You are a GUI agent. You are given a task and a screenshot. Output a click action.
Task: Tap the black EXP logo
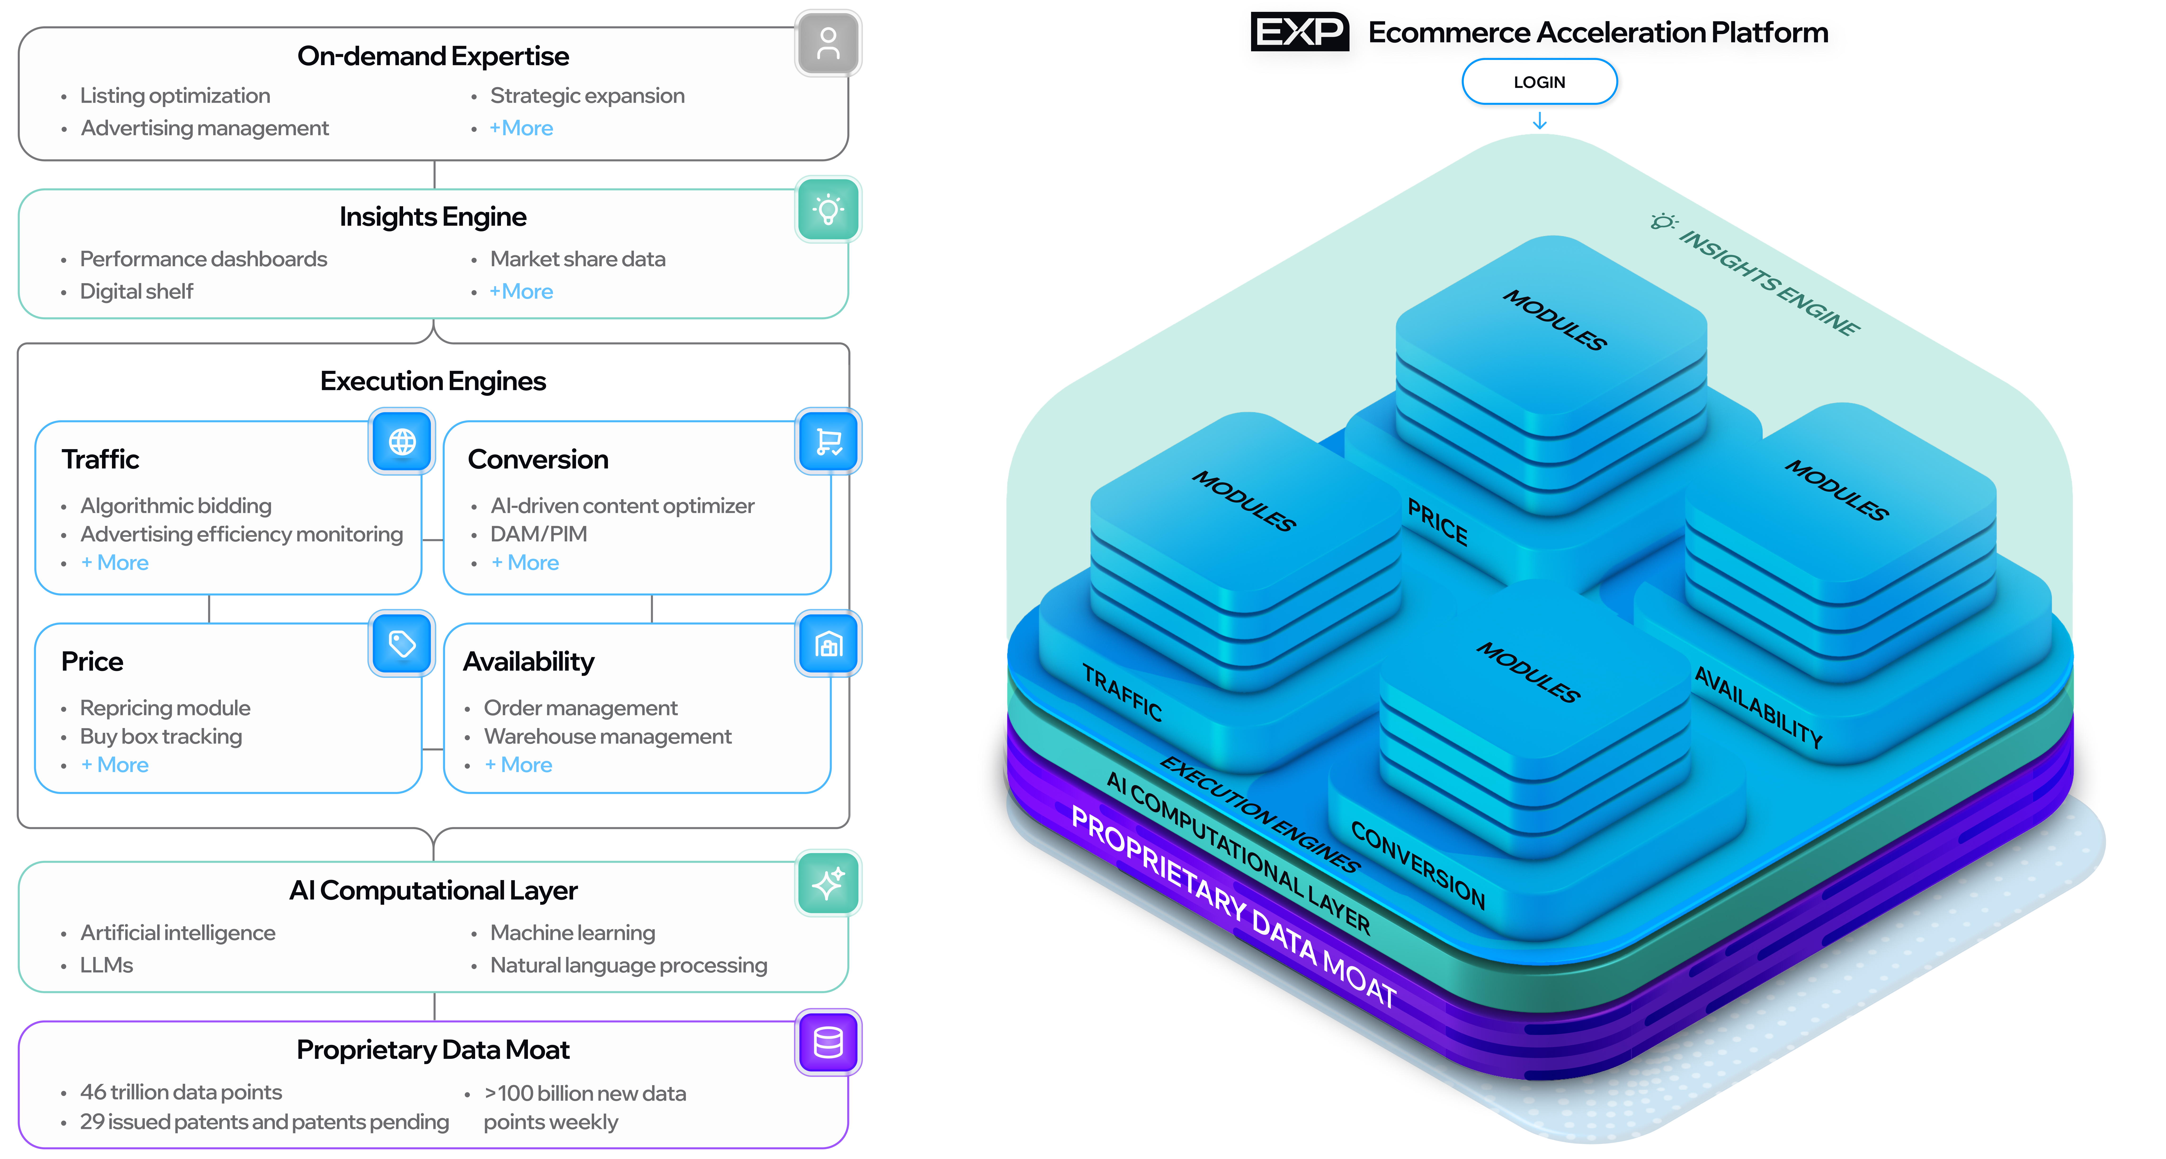(1299, 32)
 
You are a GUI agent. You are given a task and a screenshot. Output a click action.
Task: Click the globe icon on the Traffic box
(402, 442)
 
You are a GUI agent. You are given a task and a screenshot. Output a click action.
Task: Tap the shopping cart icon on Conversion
(828, 442)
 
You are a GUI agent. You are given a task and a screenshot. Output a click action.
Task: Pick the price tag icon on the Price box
(402, 644)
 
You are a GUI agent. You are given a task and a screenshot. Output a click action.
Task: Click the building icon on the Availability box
(828, 644)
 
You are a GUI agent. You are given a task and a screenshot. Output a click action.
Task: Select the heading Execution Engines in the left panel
(433, 381)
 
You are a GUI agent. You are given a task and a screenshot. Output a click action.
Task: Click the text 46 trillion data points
(181, 1092)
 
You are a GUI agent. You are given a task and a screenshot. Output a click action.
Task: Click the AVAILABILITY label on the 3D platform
(1757, 707)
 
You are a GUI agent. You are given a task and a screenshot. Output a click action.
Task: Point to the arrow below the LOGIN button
(1540, 122)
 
